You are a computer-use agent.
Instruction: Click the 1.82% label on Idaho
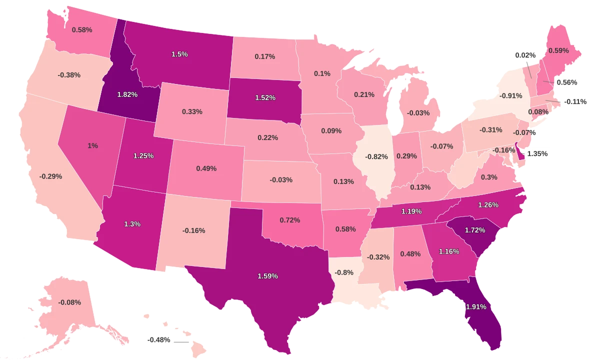click(x=127, y=94)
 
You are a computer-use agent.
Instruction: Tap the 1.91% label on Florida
click(x=475, y=306)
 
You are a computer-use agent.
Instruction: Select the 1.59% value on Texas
click(x=267, y=276)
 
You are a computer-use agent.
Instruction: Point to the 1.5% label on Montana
click(x=179, y=54)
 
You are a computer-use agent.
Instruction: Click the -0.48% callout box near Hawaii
click(x=158, y=340)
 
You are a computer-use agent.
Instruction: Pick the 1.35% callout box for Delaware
click(x=537, y=154)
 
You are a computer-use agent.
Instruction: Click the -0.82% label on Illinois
click(x=376, y=156)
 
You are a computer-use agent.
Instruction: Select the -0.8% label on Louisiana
click(x=344, y=272)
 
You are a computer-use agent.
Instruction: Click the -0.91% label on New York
click(x=510, y=95)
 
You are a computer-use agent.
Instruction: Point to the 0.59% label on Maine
click(x=559, y=50)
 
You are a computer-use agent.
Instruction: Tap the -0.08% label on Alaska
click(x=69, y=302)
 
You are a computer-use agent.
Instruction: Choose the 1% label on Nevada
click(x=92, y=145)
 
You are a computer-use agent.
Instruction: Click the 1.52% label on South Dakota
click(x=265, y=97)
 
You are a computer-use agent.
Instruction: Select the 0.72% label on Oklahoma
click(x=289, y=220)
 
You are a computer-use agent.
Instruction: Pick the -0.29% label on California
click(x=50, y=176)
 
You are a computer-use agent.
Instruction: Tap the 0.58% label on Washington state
click(x=81, y=30)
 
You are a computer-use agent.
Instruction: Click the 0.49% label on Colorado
click(x=206, y=168)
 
